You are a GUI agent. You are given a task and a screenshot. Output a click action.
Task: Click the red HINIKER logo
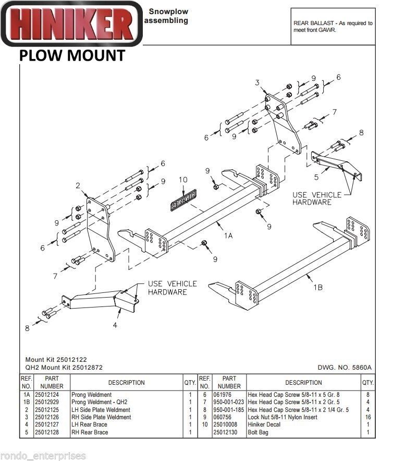click(71, 24)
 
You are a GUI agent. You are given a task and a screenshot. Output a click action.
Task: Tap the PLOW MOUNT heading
click(72, 55)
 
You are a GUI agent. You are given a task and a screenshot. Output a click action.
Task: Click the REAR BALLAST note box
click(333, 27)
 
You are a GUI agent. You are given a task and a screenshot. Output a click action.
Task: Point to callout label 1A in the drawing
click(228, 235)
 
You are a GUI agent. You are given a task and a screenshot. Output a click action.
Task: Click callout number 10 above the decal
click(182, 180)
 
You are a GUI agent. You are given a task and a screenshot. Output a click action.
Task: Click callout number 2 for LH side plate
click(77, 185)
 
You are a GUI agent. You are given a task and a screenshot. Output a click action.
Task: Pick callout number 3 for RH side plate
click(257, 83)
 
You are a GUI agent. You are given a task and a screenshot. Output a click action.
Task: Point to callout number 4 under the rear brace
click(115, 325)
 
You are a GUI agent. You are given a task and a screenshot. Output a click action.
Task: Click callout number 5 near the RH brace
click(316, 177)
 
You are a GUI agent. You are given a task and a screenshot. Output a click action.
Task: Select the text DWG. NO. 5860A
click(344, 368)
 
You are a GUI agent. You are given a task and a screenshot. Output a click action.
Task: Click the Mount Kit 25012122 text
click(56, 360)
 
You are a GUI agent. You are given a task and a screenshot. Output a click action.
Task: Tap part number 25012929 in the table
click(50, 403)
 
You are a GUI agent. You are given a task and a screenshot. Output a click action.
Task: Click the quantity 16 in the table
click(368, 417)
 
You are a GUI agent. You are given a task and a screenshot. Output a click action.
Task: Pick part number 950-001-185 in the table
click(229, 410)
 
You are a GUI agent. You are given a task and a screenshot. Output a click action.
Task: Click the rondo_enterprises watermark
click(43, 456)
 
